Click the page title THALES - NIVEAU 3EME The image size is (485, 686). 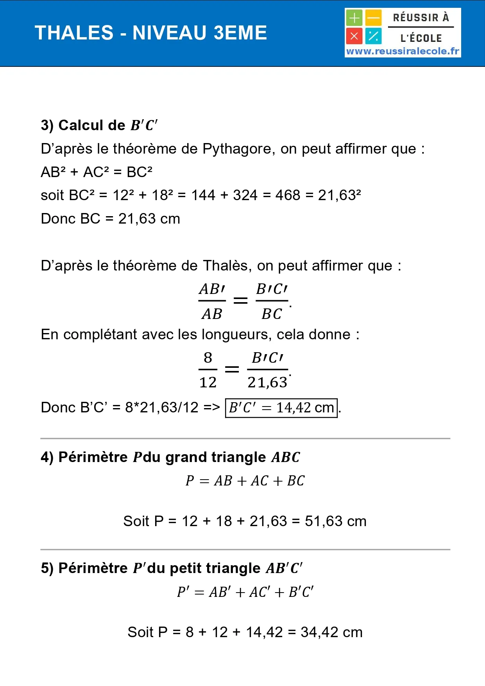[x=151, y=33]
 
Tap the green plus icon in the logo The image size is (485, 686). [x=354, y=18]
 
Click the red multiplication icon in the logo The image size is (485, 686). [x=354, y=36]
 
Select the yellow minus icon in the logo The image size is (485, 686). [x=374, y=18]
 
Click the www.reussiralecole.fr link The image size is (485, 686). [x=403, y=51]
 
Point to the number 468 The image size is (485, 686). [x=288, y=195]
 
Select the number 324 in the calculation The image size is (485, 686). [x=245, y=195]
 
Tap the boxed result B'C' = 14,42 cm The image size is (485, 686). [x=281, y=408]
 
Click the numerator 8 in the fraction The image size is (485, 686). [x=208, y=358]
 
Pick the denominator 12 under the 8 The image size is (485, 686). [x=208, y=382]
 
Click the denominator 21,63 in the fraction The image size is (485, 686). [x=267, y=382]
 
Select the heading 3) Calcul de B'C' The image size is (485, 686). [x=99, y=125]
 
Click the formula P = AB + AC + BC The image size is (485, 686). [x=245, y=481]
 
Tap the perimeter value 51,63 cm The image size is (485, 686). [x=335, y=521]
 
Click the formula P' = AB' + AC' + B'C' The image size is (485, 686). [x=245, y=592]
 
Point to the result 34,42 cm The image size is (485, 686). [x=331, y=632]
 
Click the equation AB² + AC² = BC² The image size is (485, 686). [x=97, y=172]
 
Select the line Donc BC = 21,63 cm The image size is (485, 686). [x=111, y=219]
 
